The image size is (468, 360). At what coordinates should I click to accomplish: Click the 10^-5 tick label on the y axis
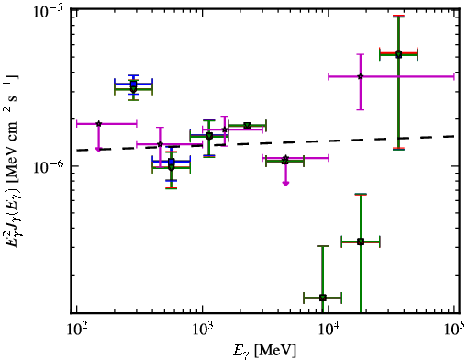[x=48, y=12]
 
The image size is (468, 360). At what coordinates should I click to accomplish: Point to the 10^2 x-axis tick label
[x=76, y=329]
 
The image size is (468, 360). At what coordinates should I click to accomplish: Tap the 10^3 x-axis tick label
[x=203, y=329]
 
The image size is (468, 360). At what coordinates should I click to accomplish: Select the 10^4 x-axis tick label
[x=329, y=329]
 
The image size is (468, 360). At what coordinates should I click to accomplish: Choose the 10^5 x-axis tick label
[x=454, y=329]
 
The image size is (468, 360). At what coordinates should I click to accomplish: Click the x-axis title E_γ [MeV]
[x=264, y=351]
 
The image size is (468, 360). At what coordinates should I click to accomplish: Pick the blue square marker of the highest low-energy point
[x=133, y=84]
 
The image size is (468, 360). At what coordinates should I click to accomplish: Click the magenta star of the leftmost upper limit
[x=98, y=124]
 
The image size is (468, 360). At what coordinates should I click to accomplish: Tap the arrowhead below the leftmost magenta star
[x=98, y=149]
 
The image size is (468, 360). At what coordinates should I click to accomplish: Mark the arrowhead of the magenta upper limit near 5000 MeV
[x=285, y=183]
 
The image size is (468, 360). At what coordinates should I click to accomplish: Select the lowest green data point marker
[x=323, y=298]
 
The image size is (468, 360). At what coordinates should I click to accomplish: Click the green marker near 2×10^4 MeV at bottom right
[x=361, y=242]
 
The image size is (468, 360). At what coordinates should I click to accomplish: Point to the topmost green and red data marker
[x=398, y=54]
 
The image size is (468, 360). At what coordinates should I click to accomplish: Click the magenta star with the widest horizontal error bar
[x=361, y=76]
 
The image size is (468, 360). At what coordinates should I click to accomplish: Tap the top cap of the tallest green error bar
[x=398, y=17]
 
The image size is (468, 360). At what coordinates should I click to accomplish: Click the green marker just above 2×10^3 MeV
[x=247, y=126]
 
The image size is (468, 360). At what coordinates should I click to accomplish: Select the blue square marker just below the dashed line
[x=172, y=162]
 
